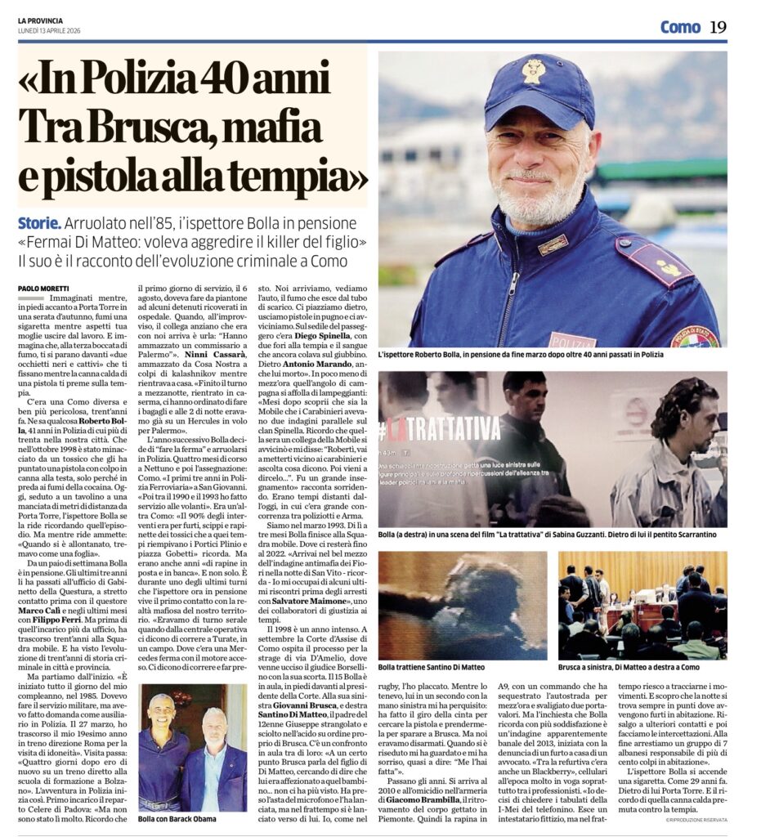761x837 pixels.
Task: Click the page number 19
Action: (x=718, y=27)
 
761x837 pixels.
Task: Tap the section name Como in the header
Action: (x=680, y=27)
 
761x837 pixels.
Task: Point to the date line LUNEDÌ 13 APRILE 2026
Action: (x=56, y=31)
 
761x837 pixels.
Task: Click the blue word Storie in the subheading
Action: (x=39, y=223)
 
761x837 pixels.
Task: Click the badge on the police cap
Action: (x=534, y=72)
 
